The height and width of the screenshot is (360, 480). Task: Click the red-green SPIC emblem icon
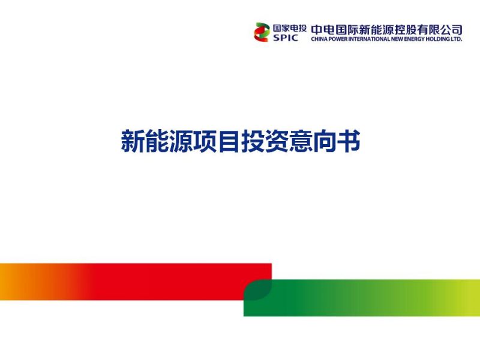262,32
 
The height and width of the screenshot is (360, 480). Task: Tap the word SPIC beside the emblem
286,38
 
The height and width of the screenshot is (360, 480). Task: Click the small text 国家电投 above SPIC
289,28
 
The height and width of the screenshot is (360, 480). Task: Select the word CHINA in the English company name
319,39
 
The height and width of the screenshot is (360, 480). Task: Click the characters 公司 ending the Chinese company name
451,30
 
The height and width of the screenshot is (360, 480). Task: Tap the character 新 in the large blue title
133,141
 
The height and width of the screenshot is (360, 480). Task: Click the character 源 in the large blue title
181,141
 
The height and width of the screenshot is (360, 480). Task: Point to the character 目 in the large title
229,141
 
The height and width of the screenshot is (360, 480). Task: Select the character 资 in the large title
277,141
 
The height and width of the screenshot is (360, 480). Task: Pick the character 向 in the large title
325,141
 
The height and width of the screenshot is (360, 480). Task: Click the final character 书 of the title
349,141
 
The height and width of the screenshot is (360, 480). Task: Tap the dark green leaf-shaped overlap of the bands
258,290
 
